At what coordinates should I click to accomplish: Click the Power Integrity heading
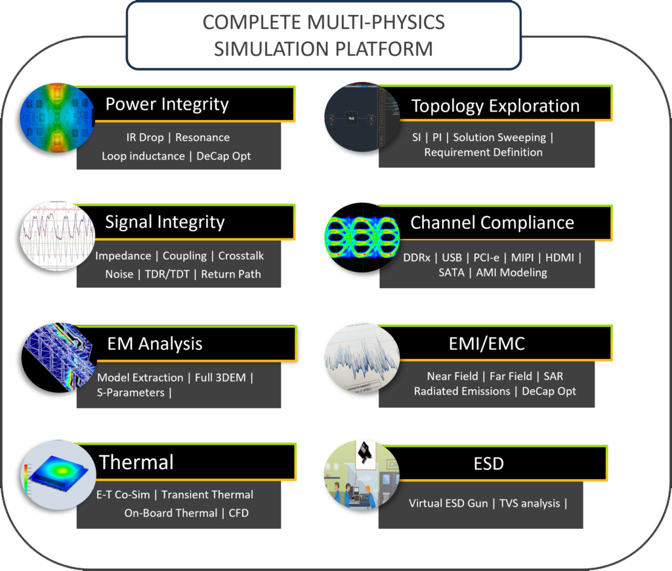tap(167, 104)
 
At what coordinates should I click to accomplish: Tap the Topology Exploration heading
tap(495, 106)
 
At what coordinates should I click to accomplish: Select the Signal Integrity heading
tap(165, 222)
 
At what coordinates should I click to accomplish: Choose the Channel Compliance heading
tap(492, 222)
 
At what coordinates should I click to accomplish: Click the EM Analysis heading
tap(155, 343)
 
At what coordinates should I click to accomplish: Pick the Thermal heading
tap(136, 462)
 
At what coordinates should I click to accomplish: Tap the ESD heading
tap(489, 463)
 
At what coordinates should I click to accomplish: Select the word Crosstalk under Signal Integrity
tap(241, 255)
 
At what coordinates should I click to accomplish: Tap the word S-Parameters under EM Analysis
tap(131, 392)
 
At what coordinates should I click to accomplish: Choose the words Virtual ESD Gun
tap(448, 503)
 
